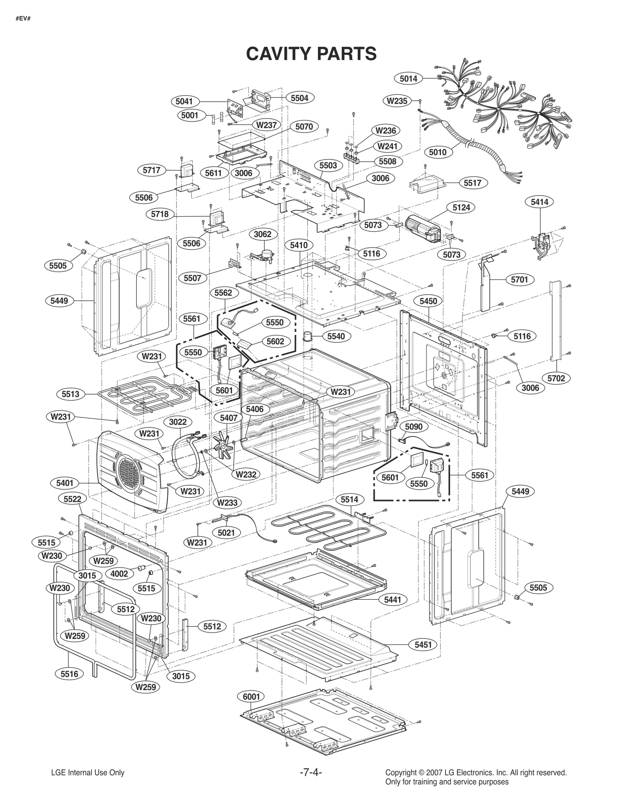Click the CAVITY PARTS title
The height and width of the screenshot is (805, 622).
[x=311, y=54]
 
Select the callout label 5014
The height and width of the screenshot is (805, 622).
[x=409, y=79]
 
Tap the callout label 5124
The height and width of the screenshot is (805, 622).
[x=461, y=208]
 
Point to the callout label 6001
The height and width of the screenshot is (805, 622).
[x=251, y=697]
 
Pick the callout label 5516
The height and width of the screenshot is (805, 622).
[x=69, y=674]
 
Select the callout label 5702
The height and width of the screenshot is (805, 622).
[x=556, y=378]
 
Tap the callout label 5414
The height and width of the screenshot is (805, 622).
[x=540, y=202]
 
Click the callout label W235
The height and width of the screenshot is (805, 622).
[x=397, y=101]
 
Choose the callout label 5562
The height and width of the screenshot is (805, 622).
[x=223, y=293]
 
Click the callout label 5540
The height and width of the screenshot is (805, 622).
[x=336, y=336]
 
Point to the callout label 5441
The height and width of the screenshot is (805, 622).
[x=392, y=600]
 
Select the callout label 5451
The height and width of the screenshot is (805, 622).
[x=423, y=644]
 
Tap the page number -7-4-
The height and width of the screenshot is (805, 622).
[x=311, y=772]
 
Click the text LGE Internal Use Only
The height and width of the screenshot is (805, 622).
[x=88, y=773]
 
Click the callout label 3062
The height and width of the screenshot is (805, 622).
[x=262, y=234]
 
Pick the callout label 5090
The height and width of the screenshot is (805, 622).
[x=414, y=426]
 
